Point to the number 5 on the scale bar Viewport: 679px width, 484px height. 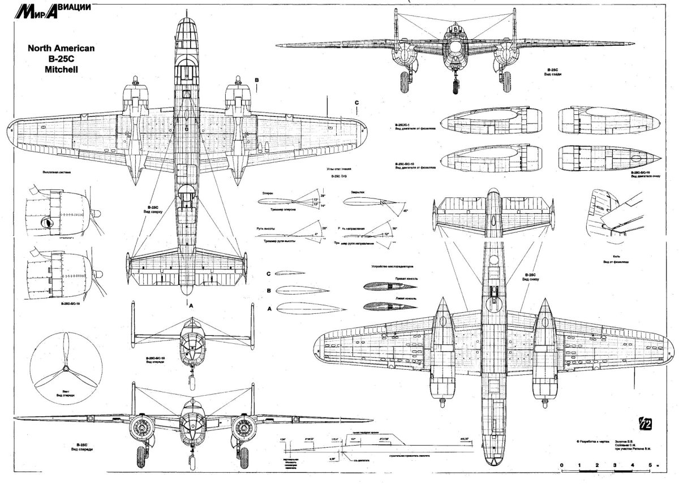(x=650, y=465)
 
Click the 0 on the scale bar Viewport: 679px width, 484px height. (x=562, y=465)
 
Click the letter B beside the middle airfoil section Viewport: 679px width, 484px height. (x=269, y=290)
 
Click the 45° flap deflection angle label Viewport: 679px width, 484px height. (x=405, y=210)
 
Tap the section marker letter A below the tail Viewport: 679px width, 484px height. (x=191, y=305)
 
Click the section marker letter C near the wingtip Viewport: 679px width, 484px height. (x=356, y=102)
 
